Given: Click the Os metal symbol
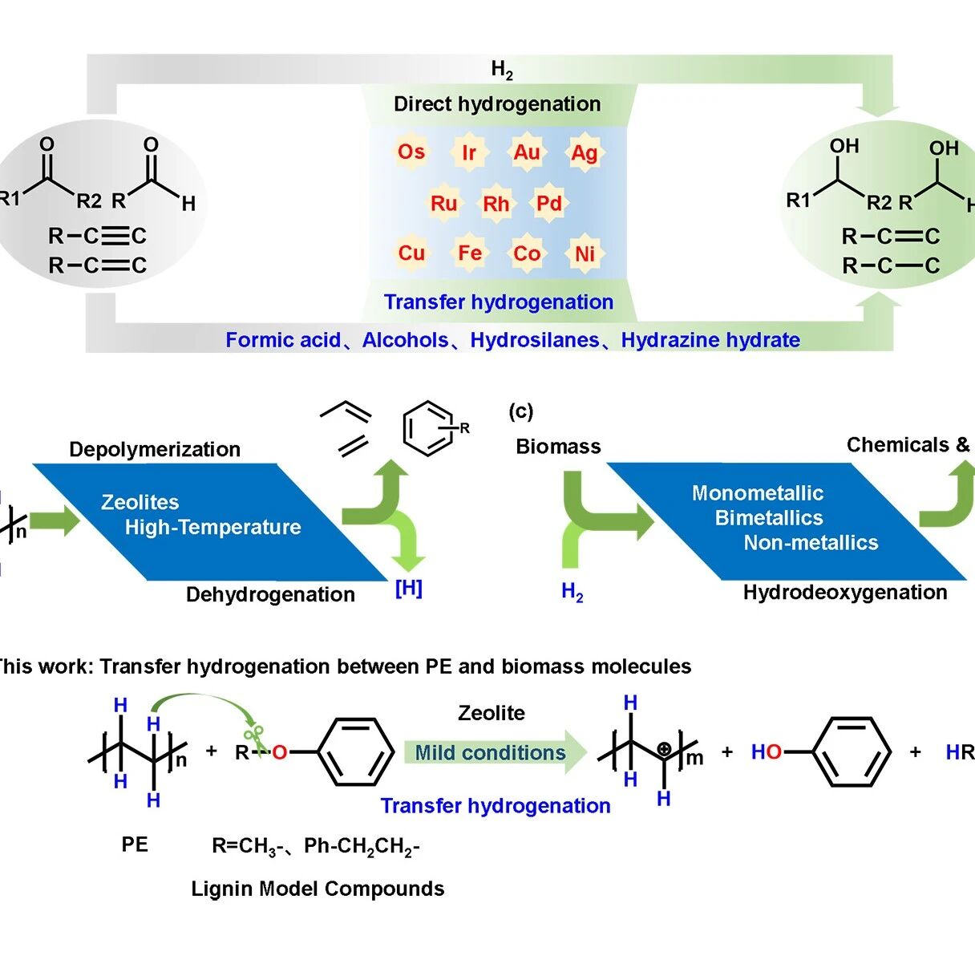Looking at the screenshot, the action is [x=411, y=151].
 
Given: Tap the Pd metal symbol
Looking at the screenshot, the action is [x=548, y=203].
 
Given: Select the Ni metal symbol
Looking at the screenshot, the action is [x=585, y=253].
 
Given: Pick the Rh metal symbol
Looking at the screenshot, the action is [x=496, y=204].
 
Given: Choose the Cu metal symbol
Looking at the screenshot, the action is [x=411, y=253].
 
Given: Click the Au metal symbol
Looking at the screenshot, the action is [x=527, y=152].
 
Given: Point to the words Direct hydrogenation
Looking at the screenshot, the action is [x=497, y=103].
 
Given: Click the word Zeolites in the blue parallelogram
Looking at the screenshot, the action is [x=140, y=502].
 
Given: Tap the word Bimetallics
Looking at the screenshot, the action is [x=769, y=517].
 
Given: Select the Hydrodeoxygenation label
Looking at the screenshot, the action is [x=845, y=592].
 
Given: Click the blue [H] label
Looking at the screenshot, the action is [x=408, y=588].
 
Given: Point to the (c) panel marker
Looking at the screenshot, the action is [x=520, y=411].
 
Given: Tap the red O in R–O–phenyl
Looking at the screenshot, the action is [x=280, y=752].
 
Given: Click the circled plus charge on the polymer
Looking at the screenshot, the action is [x=664, y=748].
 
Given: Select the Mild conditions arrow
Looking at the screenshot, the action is [x=496, y=752].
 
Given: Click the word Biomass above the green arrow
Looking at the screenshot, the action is [x=558, y=447].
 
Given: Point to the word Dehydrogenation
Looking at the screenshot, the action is [x=270, y=594].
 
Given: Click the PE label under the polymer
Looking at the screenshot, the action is [x=135, y=844].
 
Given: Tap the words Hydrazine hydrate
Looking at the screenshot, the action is [x=710, y=340].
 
